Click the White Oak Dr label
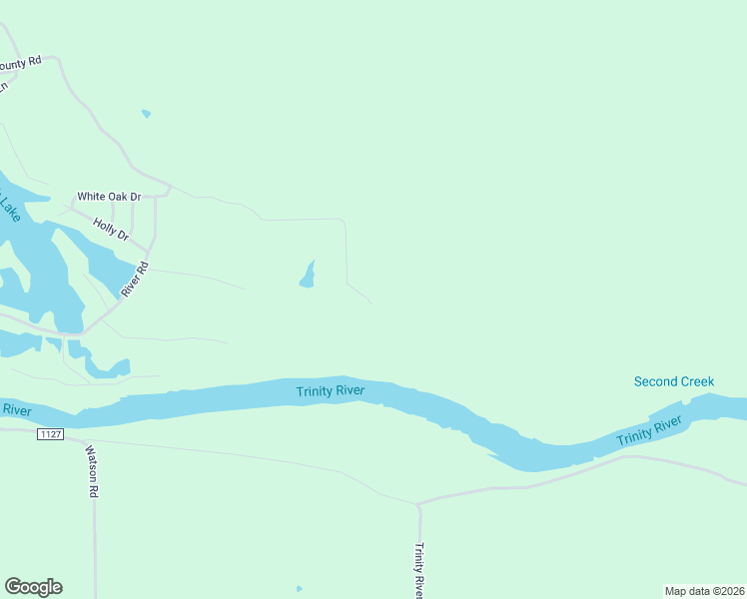click(110, 197)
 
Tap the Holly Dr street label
click(111, 229)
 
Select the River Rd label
click(134, 280)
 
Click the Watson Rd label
click(91, 471)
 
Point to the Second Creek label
click(674, 381)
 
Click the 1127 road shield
click(50, 434)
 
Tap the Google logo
click(33, 587)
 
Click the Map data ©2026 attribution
click(704, 590)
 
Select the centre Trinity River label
click(330, 390)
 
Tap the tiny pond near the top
click(146, 114)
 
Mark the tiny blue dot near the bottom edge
click(299, 588)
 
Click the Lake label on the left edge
click(9, 207)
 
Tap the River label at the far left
click(16, 409)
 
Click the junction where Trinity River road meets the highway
click(418, 503)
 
